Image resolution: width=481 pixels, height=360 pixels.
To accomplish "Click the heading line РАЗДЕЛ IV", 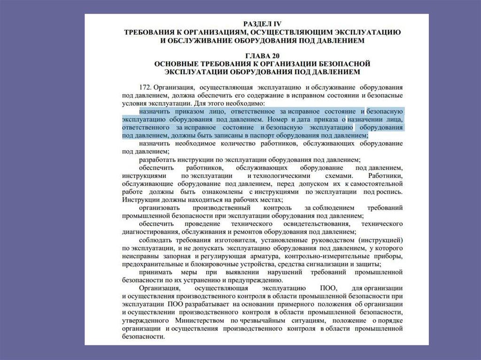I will [262, 23].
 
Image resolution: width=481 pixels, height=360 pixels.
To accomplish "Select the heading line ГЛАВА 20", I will [262, 55].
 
